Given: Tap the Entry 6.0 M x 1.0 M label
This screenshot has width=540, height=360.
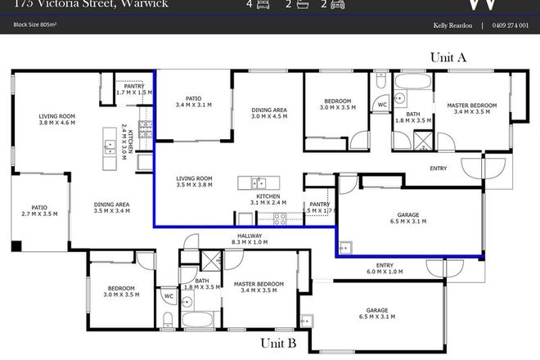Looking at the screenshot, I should [384, 269].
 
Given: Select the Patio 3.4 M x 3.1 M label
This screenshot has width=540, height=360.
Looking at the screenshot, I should [193, 101].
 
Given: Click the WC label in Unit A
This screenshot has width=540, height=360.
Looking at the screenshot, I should [381, 105].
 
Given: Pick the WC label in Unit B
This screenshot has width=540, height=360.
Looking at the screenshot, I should [167, 296].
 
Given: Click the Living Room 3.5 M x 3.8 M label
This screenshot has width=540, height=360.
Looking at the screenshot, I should [195, 182].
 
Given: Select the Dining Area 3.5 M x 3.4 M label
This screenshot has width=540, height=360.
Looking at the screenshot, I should [111, 208].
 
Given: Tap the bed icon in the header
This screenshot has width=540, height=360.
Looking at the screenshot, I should [262, 4].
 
